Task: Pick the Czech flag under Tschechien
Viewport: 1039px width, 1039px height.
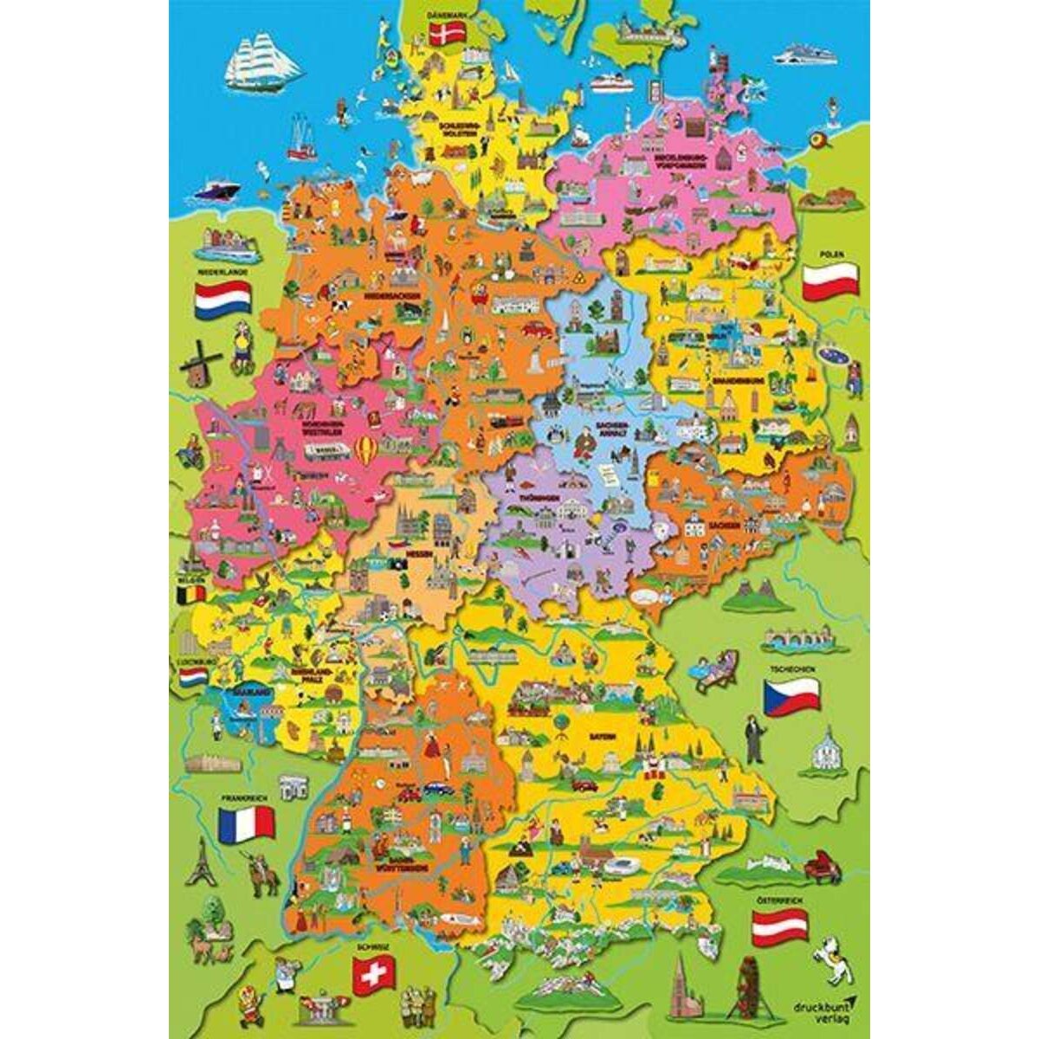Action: click(791, 694)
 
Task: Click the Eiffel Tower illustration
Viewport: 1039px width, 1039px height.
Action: click(202, 861)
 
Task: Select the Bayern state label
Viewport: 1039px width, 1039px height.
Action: click(603, 738)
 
